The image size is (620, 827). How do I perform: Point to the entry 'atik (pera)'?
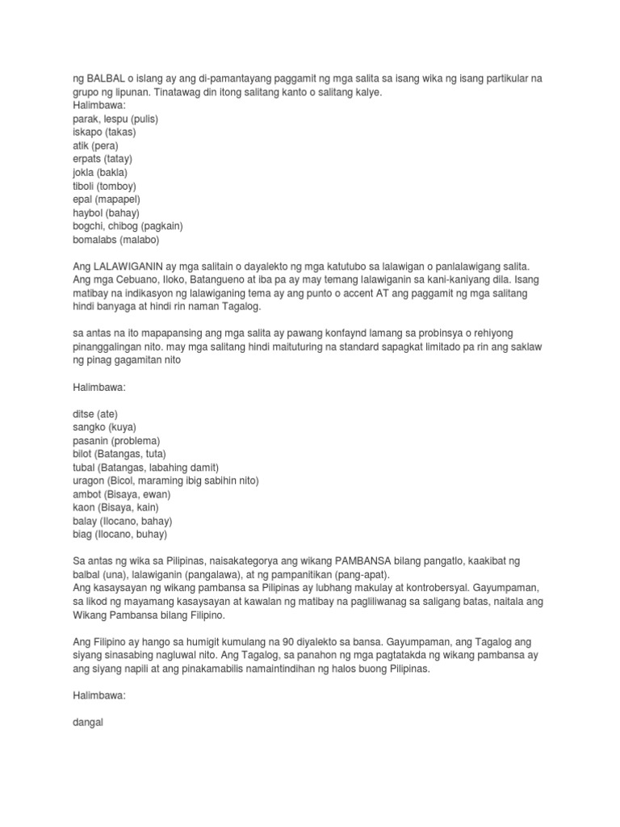coord(95,146)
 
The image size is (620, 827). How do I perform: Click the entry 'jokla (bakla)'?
coord(100,173)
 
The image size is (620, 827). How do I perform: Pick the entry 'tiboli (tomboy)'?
coord(105,186)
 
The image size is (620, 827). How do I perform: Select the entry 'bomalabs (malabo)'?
coord(116,240)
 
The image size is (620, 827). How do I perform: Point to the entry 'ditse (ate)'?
coord(94,413)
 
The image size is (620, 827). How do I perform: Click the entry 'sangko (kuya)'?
coord(104,426)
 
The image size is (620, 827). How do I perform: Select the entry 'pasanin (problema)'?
coord(116,440)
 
